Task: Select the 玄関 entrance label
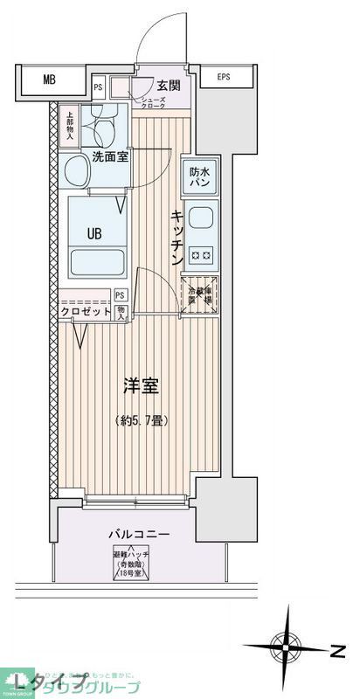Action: click(x=169, y=85)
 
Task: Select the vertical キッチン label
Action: click(x=177, y=239)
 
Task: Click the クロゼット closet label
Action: click(x=86, y=312)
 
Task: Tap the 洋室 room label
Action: click(x=141, y=384)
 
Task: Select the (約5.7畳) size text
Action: click(x=141, y=420)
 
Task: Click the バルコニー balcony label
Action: click(x=139, y=533)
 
